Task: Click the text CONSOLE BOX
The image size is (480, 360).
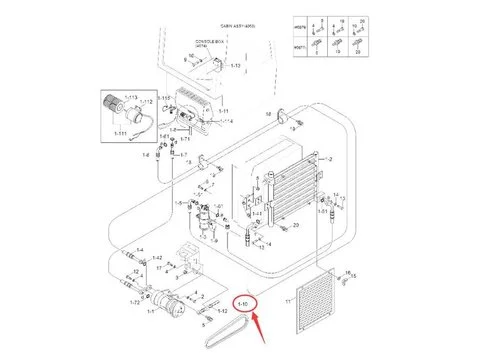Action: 207,43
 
